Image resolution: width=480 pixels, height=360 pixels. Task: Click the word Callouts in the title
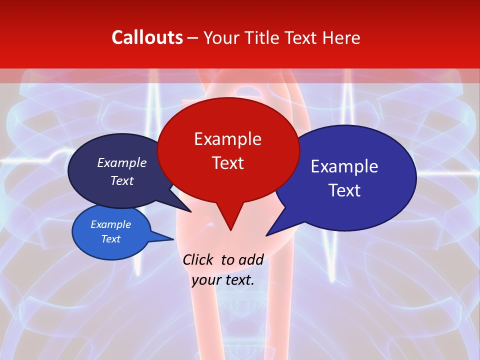147,37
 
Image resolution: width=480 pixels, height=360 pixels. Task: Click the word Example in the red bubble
227,139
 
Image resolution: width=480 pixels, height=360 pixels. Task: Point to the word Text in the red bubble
227,163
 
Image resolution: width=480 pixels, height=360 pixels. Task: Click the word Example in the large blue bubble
344,166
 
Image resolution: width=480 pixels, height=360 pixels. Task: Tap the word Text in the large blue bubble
344,190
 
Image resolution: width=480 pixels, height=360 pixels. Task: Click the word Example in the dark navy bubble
121,163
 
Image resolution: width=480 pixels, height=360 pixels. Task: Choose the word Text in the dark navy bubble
121,181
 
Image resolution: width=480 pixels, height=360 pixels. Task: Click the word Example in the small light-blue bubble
110,224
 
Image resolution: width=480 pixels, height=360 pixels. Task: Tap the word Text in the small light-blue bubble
110,239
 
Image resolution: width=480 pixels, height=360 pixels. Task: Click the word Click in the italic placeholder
199,259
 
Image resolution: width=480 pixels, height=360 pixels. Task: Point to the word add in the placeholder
250,259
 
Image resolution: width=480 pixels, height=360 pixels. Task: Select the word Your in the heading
221,37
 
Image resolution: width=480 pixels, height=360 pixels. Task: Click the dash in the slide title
193,38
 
